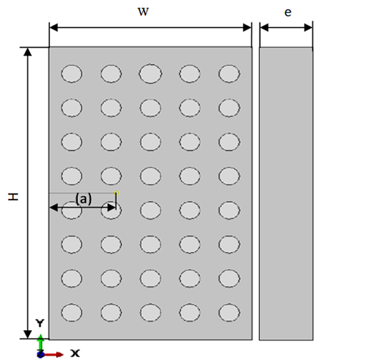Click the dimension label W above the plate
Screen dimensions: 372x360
[143, 12]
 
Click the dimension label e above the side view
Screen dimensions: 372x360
[288, 13]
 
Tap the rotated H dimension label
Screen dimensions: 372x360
[13, 197]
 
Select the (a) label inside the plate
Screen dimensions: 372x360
[83, 199]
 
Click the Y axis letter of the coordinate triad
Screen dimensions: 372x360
[40, 323]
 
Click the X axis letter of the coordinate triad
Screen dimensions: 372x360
[75, 353]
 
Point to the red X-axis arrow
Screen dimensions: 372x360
[53, 354]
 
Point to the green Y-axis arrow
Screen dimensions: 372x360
[40, 343]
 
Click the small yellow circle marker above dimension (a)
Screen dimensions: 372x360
[117, 193]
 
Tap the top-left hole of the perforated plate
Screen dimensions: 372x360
[72, 74]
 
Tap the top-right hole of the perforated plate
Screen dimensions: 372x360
[229, 74]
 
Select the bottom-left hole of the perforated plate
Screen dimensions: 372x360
[72, 312]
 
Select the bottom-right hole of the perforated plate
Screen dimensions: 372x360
[229, 312]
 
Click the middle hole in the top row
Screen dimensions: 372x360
[150, 74]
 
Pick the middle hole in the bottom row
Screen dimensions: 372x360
[150, 312]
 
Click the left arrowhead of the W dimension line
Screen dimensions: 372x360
[54, 27]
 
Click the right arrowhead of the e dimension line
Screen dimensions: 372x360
[308, 28]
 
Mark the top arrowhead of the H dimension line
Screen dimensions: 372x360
[28, 52]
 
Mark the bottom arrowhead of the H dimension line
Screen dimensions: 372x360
[28, 334]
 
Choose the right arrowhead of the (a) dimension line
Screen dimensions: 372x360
[112, 208]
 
